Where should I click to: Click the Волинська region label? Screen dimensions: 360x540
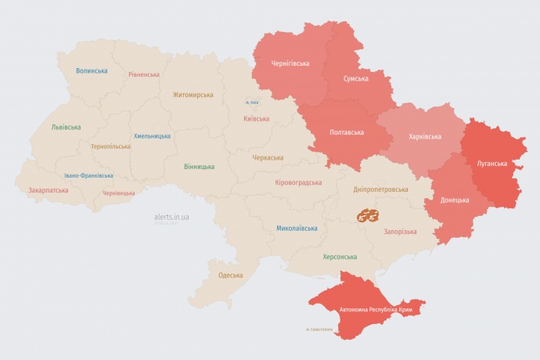click(92, 71)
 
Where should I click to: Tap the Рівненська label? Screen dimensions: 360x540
click(145, 74)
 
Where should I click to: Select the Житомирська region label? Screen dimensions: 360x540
click(193, 95)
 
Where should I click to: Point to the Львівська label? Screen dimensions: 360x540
click(66, 127)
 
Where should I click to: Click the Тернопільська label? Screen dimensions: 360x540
click(112, 146)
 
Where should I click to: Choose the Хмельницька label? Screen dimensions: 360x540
click(152, 135)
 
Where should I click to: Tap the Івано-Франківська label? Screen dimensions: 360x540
click(88, 176)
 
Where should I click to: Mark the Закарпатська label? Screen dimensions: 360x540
click(48, 190)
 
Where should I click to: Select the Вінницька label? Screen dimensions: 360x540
click(200, 167)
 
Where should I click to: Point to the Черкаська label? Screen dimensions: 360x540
click(268, 157)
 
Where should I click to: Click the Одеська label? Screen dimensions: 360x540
click(230, 275)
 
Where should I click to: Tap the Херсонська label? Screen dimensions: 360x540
click(340, 257)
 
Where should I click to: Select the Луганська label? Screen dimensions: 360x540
click(491, 164)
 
